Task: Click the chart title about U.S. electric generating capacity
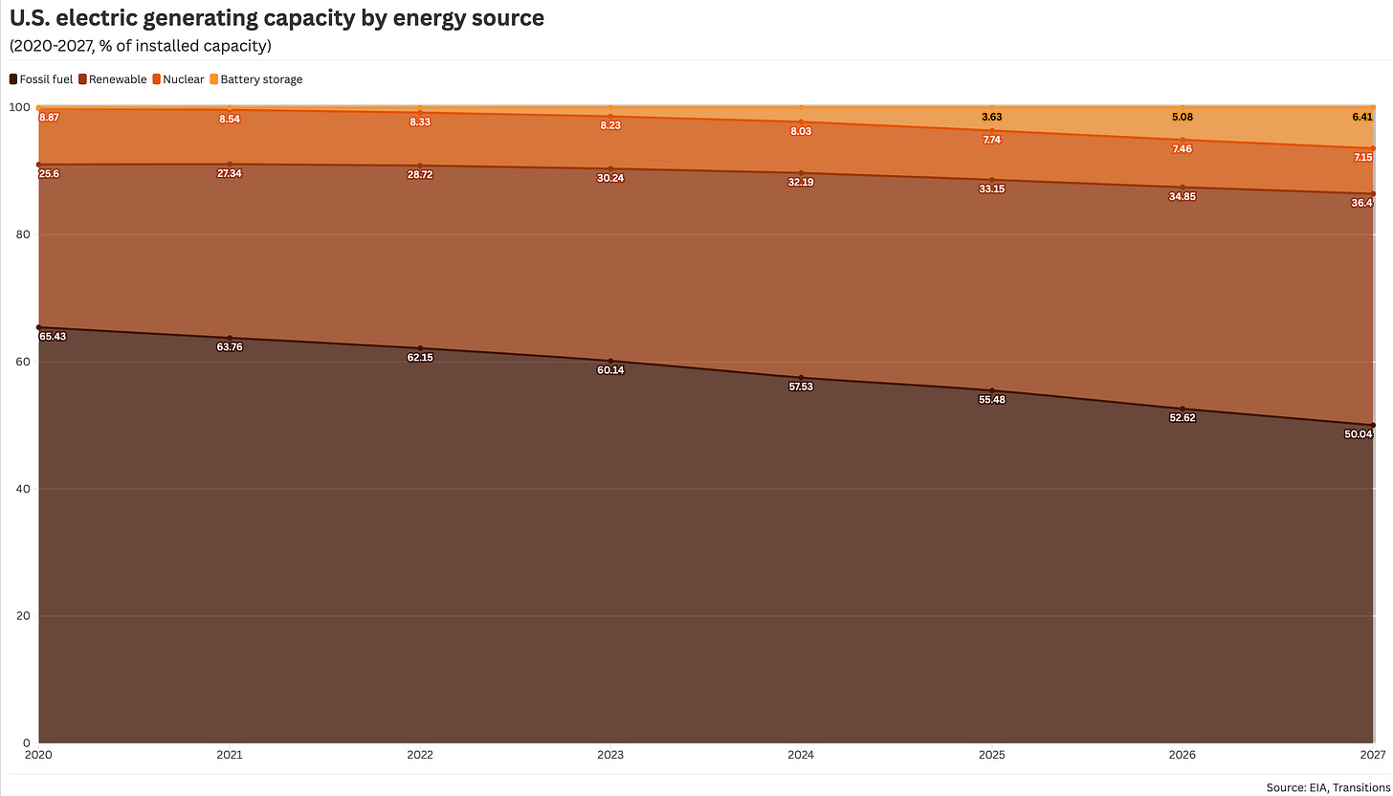click(x=276, y=18)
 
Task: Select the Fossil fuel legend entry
click(x=41, y=79)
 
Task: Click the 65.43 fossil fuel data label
click(x=54, y=337)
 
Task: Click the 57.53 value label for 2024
click(x=801, y=387)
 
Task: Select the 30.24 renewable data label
click(x=610, y=178)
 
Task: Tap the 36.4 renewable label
click(x=1362, y=203)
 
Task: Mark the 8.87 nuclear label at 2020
click(x=50, y=117)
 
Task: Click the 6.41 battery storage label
click(x=1362, y=117)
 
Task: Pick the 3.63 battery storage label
click(x=991, y=117)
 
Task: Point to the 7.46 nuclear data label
click(x=1182, y=149)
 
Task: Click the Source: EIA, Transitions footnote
click(x=1327, y=787)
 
